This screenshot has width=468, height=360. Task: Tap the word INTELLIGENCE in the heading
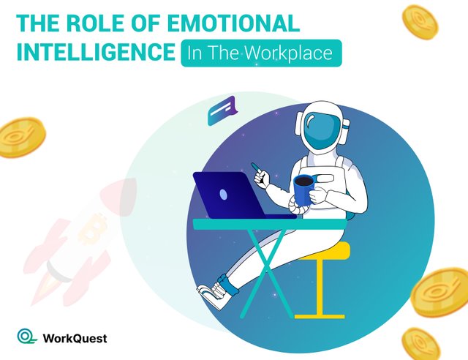[x=96, y=52]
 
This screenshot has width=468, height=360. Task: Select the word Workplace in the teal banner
[x=289, y=53]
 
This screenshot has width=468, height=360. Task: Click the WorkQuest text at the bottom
[x=75, y=339]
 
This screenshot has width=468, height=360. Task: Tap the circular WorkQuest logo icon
[x=26, y=336]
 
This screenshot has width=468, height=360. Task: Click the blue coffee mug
[x=304, y=190]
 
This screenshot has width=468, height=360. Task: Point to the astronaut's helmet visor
[x=322, y=132]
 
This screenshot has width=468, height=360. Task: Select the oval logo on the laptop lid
[x=223, y=195]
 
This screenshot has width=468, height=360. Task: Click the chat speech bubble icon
[x=222, y=110]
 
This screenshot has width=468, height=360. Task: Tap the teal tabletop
[x=270, y=224]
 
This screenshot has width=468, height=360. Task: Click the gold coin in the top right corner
[x=420, y=23]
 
